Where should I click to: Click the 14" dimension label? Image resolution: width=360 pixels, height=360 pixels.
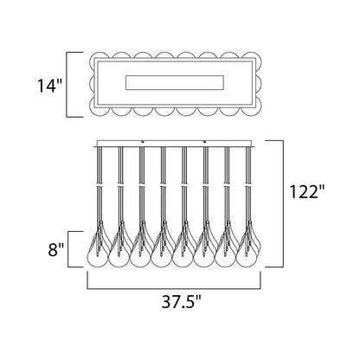[x=49, y=86]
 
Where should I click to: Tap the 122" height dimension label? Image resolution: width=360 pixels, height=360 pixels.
[x=307, y=191]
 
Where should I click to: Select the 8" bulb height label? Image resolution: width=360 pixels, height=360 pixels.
[x=55, y=249]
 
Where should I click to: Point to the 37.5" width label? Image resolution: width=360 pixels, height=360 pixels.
[x=181, y=301]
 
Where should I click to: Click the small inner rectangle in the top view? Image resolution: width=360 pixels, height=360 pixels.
[x=175, y=83]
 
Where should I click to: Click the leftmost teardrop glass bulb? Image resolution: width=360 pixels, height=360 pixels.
[x=98, y=249]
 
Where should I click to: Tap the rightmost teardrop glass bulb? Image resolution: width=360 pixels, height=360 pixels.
[x=248, y=249]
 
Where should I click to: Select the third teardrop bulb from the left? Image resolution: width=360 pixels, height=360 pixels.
[x=140, y=249]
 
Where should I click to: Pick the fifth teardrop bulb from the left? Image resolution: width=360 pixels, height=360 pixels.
[x=183, y=249]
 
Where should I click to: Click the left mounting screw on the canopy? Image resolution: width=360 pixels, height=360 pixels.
[x=143, y=141]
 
